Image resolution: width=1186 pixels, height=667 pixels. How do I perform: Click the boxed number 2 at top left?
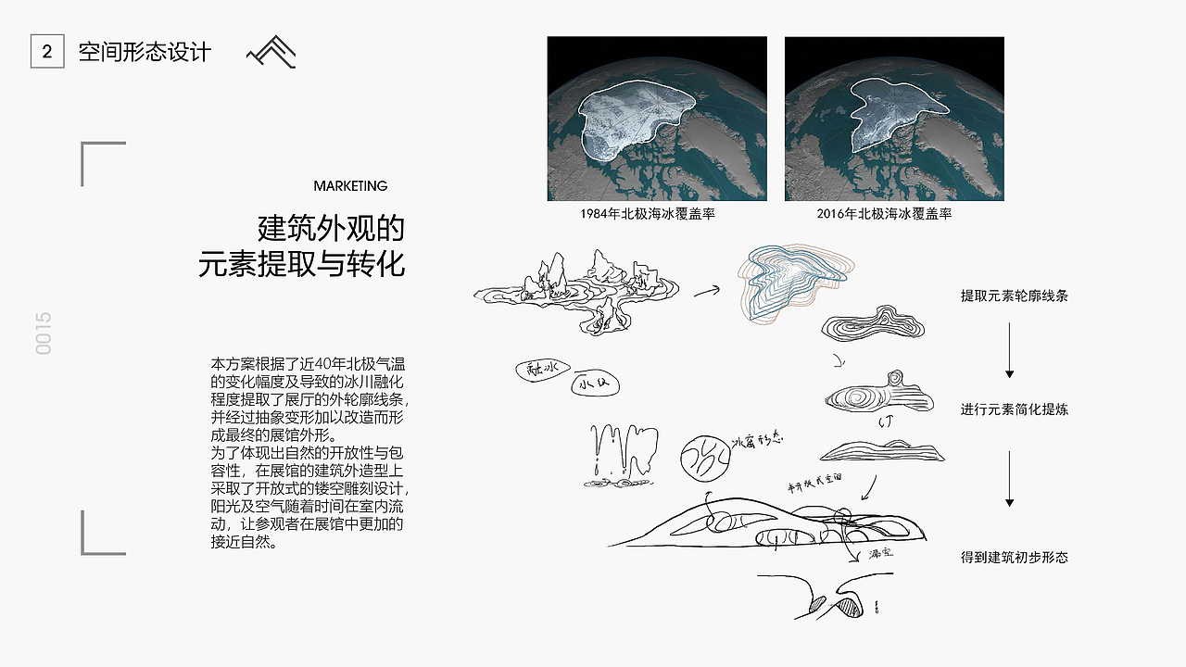[47, 52]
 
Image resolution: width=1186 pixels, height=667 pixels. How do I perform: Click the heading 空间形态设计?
[145, 52]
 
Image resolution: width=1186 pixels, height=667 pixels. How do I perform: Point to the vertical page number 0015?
[44, 333]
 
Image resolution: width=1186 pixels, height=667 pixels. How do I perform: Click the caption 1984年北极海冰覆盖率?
[648, 214]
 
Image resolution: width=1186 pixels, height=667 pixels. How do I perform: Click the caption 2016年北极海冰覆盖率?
[884, 214]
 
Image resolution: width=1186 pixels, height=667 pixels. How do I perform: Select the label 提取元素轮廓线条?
[1015, 296]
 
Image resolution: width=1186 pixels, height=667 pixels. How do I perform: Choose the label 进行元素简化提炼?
[1015, 409]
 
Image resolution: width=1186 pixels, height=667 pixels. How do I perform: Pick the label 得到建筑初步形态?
[1015, 558]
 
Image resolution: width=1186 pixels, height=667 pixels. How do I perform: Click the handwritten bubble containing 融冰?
[538, 370]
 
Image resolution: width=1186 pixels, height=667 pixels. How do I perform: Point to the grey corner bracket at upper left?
[102, 163]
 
